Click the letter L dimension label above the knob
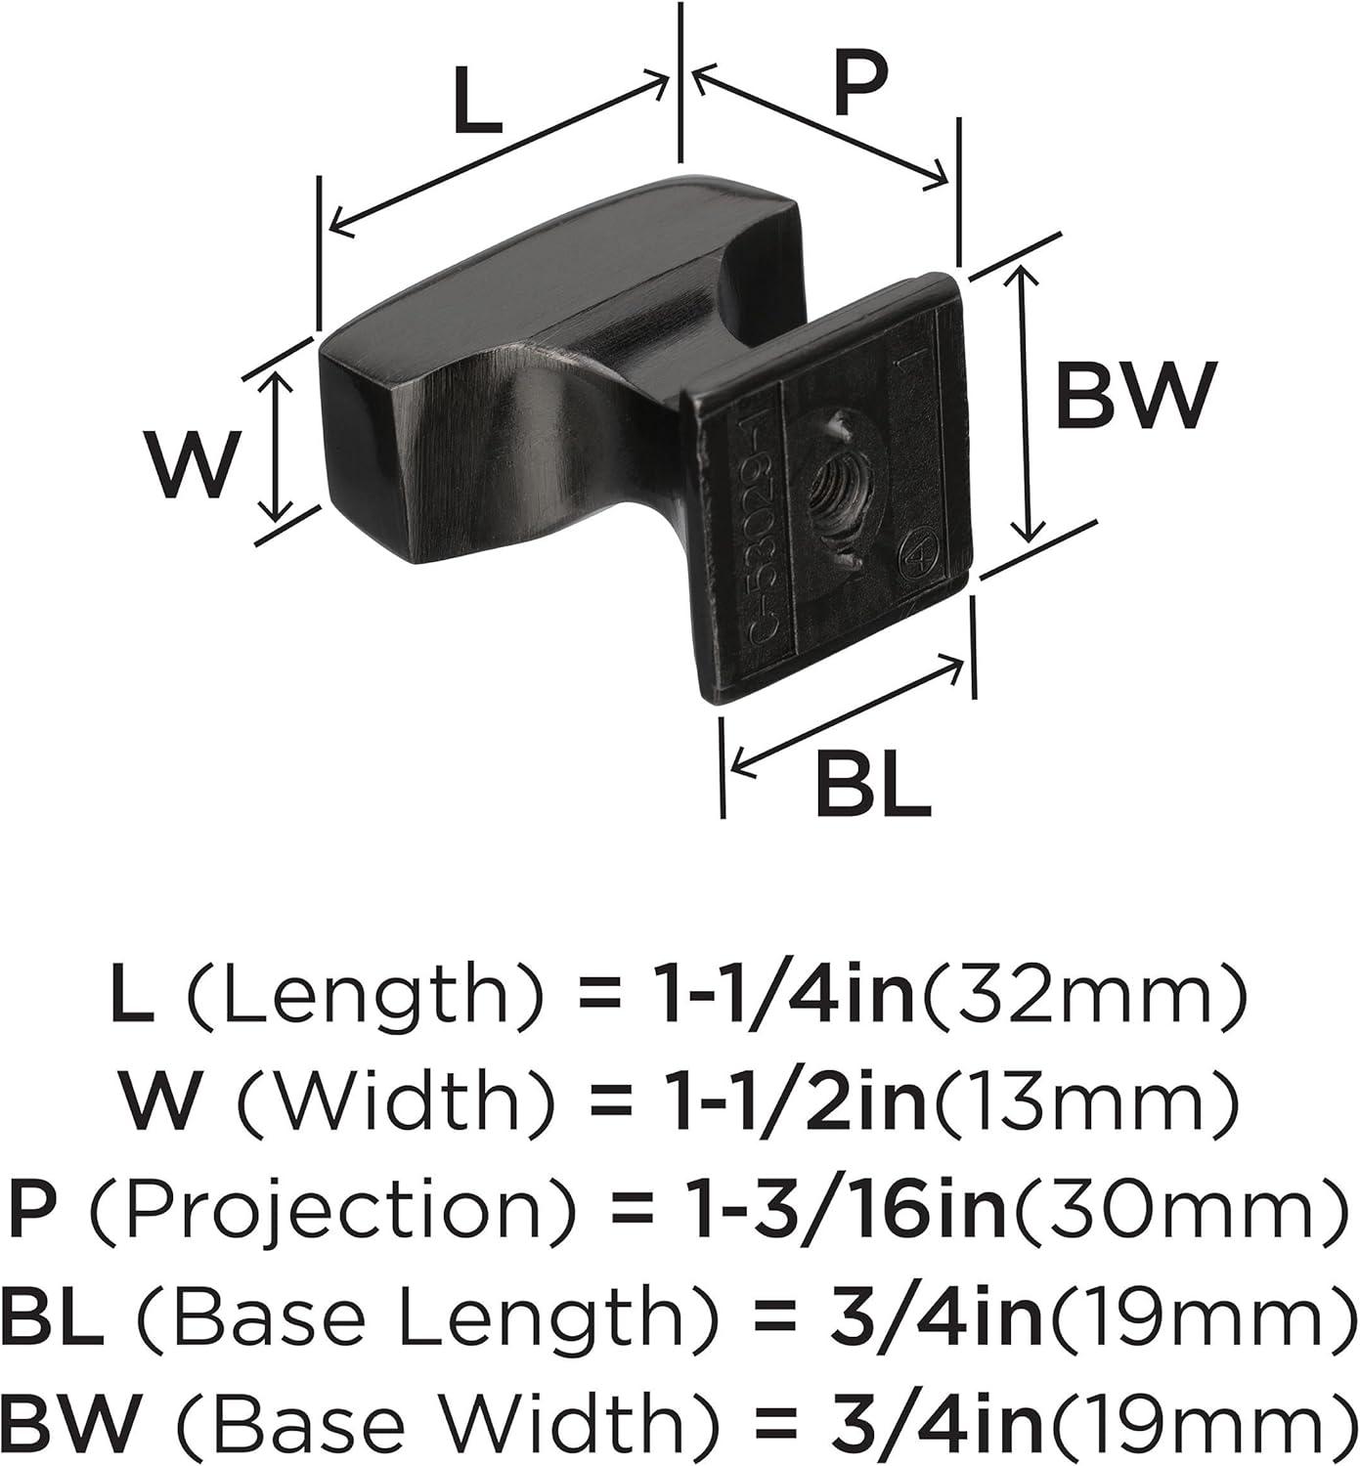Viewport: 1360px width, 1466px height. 477,101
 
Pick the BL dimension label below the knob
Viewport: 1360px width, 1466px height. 872,782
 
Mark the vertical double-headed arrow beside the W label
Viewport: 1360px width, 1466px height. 277,446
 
